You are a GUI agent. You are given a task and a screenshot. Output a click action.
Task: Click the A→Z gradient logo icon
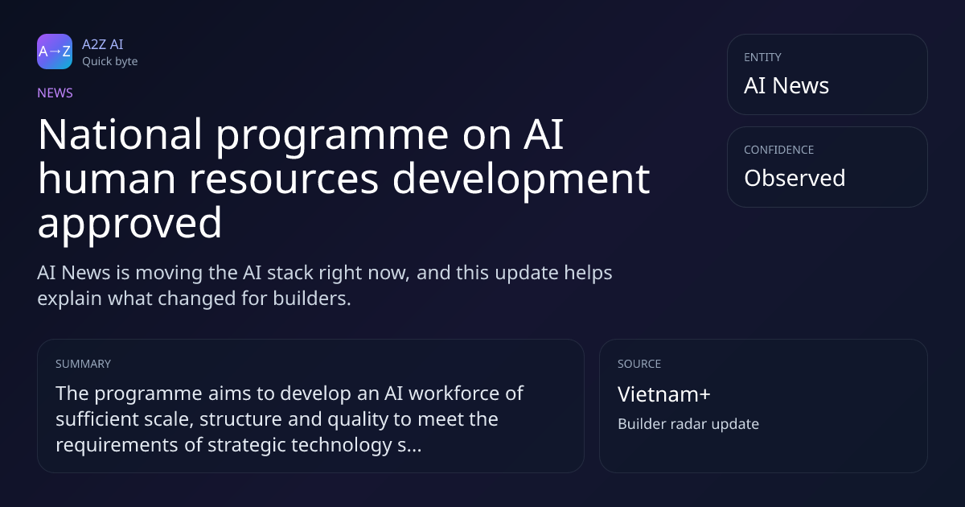click(55, 52)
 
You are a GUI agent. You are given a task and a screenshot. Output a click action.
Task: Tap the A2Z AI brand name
click(103, 44)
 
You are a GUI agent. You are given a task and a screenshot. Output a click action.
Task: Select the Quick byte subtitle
click(110, 62)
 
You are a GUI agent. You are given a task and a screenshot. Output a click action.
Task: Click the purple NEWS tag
click(55, 93)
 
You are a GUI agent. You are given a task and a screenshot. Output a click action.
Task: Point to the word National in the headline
click(120, 134)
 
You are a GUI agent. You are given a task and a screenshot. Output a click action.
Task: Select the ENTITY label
click(762, 57)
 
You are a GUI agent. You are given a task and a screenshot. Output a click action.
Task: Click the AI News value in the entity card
click(786, 85)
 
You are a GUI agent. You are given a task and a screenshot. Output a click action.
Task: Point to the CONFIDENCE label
click(779, 150)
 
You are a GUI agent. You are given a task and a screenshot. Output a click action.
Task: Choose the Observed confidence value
click(795, 178)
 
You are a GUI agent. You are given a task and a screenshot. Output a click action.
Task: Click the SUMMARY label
click(83, 364)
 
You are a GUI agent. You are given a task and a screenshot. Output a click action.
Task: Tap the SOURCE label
click(639, 364)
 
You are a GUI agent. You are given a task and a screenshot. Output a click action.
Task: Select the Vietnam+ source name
click(664, 394)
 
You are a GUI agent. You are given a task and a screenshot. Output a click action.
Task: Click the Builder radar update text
click(688, 424)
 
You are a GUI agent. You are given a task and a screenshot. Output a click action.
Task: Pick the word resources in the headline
click(284, 179)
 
